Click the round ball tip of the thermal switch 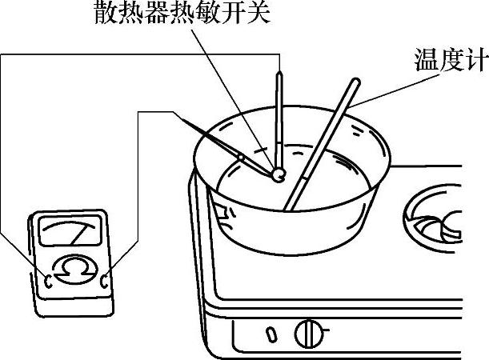tap(277, 173)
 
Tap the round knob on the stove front tap(311, 331)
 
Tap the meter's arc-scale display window tap(69, 234)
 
